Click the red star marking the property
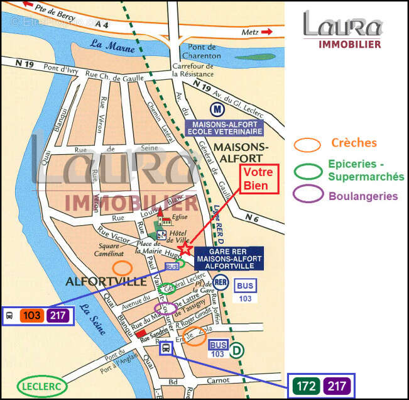pyautogui.click(x=185, y=250)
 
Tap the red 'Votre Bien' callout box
pyautogui.click(x=256, y=179)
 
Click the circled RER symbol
pyautogui.click(x=221, y=282)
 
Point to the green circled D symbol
pyautogui.click(x=236, y=350)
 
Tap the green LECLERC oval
pyautogui.click(x=42, y=385)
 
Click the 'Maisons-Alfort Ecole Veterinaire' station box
pyautogui.click(x=224, y=128)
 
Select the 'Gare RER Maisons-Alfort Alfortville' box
pyautogui.click(x=229, y=258)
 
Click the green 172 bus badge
pyautogui.click(x=305, y=384)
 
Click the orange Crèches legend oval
pyautogui.click(x=308, y=144)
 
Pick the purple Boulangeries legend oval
pyautogui.click(x=308, y=194)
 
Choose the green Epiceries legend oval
pyautogui.click(x=308, y=170)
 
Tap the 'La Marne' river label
pyautogui.click(x=104, y=44)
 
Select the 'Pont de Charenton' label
pyautogui.click(x=201, y=52)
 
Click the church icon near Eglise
pyautogui.click(x=162, y=218)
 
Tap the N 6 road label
pyautogui.click(x=253, y=218)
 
